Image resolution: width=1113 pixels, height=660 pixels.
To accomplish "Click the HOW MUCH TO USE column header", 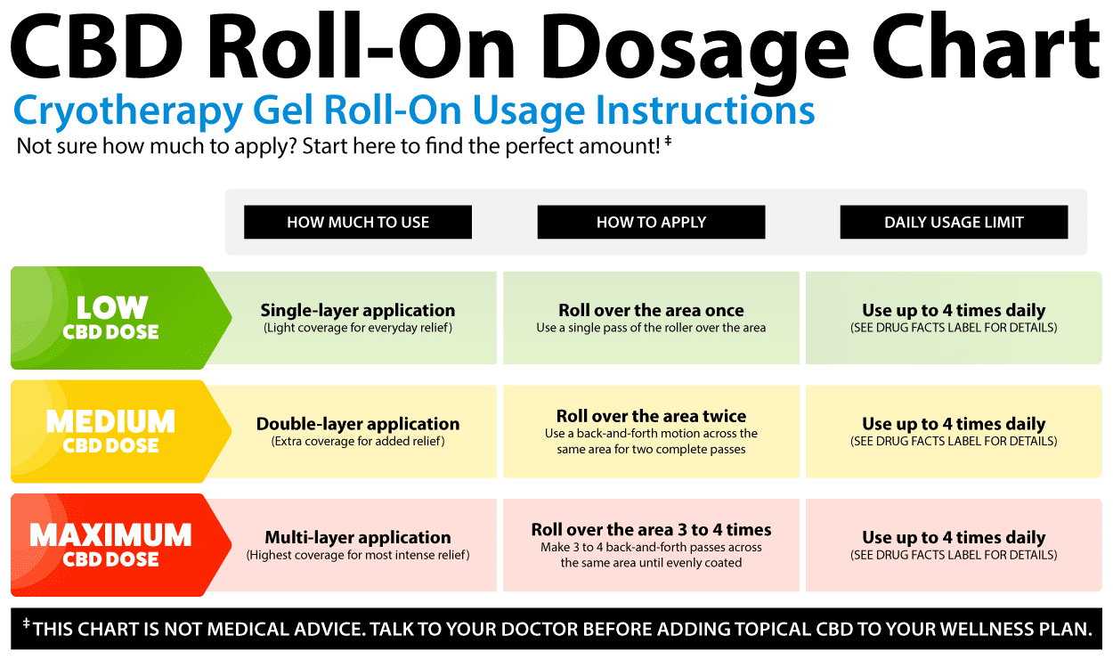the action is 358,222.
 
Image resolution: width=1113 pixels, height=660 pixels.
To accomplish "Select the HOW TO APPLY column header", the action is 651,222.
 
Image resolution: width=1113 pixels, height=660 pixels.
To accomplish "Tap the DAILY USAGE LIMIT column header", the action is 954,222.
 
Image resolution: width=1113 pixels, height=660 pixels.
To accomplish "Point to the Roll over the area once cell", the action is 651,318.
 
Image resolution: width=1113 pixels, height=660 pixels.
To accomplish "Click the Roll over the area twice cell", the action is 651,431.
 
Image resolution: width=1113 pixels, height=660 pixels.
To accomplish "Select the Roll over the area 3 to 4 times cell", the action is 651,545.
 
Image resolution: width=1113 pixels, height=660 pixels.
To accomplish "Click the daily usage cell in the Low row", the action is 954,318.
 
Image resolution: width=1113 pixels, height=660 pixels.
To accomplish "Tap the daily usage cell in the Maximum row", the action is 954,545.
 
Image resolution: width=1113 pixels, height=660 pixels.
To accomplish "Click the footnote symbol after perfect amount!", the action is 669,141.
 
